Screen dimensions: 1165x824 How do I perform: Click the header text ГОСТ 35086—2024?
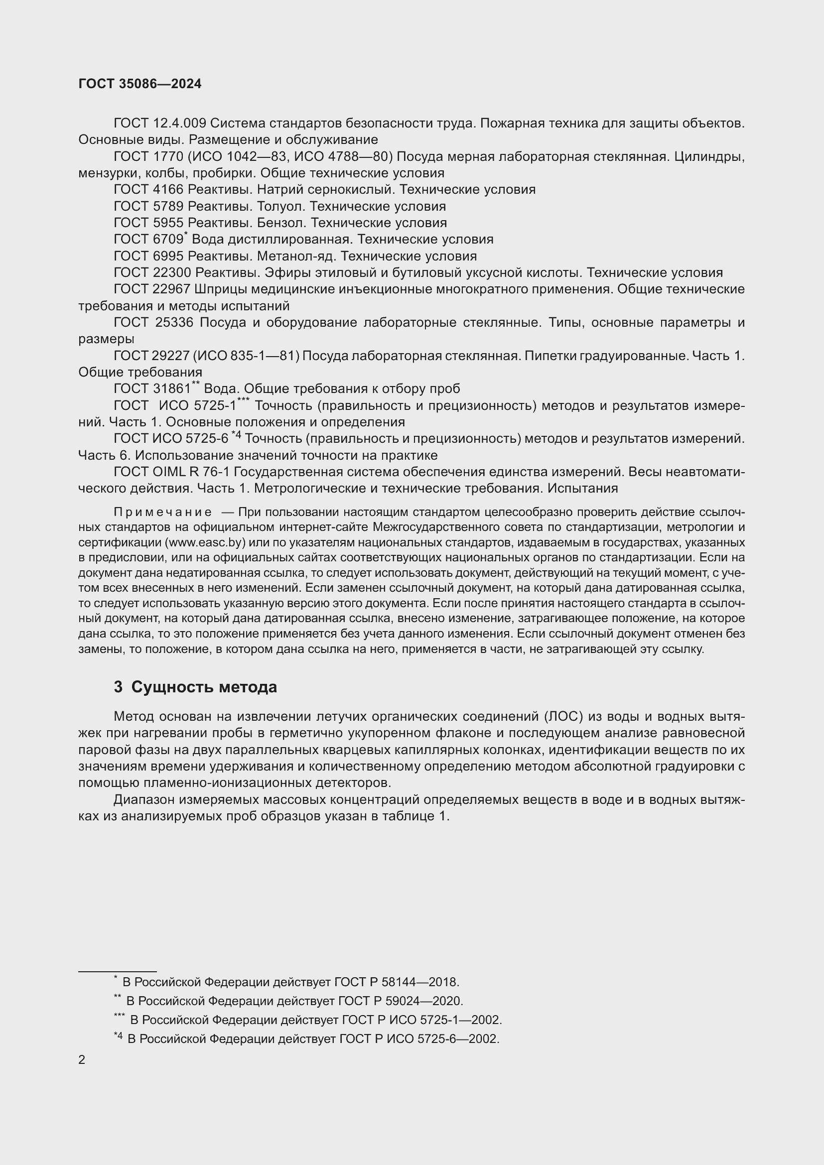[x=140, y=84]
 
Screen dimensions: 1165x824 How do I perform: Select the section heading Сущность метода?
[x=204, y=687]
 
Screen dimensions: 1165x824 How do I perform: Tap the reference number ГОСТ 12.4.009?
[x=159, y=124]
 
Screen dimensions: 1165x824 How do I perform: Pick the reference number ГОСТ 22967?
[x=152, y=289]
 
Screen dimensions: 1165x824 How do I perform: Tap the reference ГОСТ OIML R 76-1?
[x=171, y=472]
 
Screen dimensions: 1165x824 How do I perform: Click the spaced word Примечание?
[x=162, y=512]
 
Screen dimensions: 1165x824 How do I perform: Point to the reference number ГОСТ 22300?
[x=152, y=273]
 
